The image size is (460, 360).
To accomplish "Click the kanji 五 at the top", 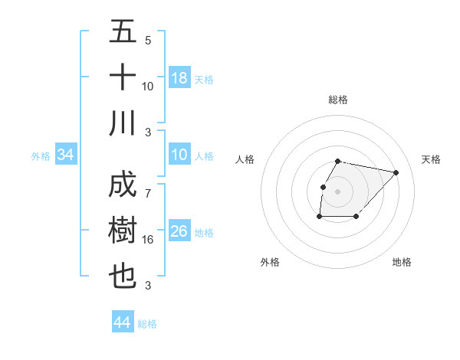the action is click(x=123, y=32).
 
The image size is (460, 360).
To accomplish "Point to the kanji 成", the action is click(x=123, y=186).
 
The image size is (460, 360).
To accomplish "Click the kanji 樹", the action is click(x=123, y=231).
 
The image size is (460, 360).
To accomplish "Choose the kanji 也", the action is click(x=123, y=277).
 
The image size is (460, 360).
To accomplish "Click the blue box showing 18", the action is click(x=179, y=78).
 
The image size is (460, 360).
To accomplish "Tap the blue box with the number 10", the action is click(x=179, y=155).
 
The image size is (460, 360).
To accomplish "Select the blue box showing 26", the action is click(x=179, y=232).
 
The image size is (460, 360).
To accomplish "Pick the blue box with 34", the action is click(x=66, y=155).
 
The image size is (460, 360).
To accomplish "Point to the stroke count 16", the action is click(x=148, y=240).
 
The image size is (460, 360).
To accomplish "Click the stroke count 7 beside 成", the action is click(x=148, y=186).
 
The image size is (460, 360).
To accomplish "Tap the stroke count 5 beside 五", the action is click(x=148, y=40).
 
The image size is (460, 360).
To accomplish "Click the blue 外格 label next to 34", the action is click(x=41, y=156).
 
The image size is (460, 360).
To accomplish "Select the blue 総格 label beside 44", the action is click(x=147, y=324).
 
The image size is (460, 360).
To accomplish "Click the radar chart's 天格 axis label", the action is click(x=431, y=159).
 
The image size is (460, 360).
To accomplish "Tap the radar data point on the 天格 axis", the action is click(x=396, y=173).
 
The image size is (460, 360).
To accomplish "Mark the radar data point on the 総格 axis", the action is click(x=338, y=161).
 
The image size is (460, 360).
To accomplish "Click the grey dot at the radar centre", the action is click(x=338, y=191).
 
